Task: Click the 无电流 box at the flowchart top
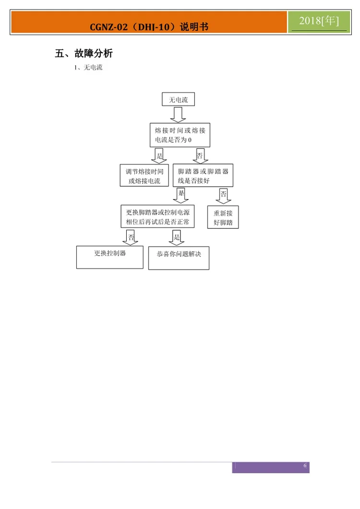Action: pos(179,99)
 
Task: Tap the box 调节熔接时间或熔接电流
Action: pos(144,176)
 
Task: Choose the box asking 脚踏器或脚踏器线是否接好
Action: pos(203,176)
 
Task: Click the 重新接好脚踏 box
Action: pos(223,217)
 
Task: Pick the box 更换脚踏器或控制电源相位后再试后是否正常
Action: pos(157,216)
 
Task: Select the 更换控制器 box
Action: pos(109,257)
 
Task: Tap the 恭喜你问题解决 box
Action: pos(179,258)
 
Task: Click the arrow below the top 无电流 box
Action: pos(178,115)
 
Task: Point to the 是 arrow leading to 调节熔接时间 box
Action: pos(158,155)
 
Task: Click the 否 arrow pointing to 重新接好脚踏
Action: pos(223,196)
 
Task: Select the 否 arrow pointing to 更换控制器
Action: pos(131,237)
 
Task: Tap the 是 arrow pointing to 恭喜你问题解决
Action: pos(176,237)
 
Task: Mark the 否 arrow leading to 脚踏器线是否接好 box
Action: pos(199,155)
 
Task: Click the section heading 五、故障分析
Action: pos(84,53)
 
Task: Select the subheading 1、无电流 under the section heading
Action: pos(88,68)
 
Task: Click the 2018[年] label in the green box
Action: pos(319,21)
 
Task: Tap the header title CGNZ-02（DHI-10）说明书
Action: pos(149,27)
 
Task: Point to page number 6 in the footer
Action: pos(305,466)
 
